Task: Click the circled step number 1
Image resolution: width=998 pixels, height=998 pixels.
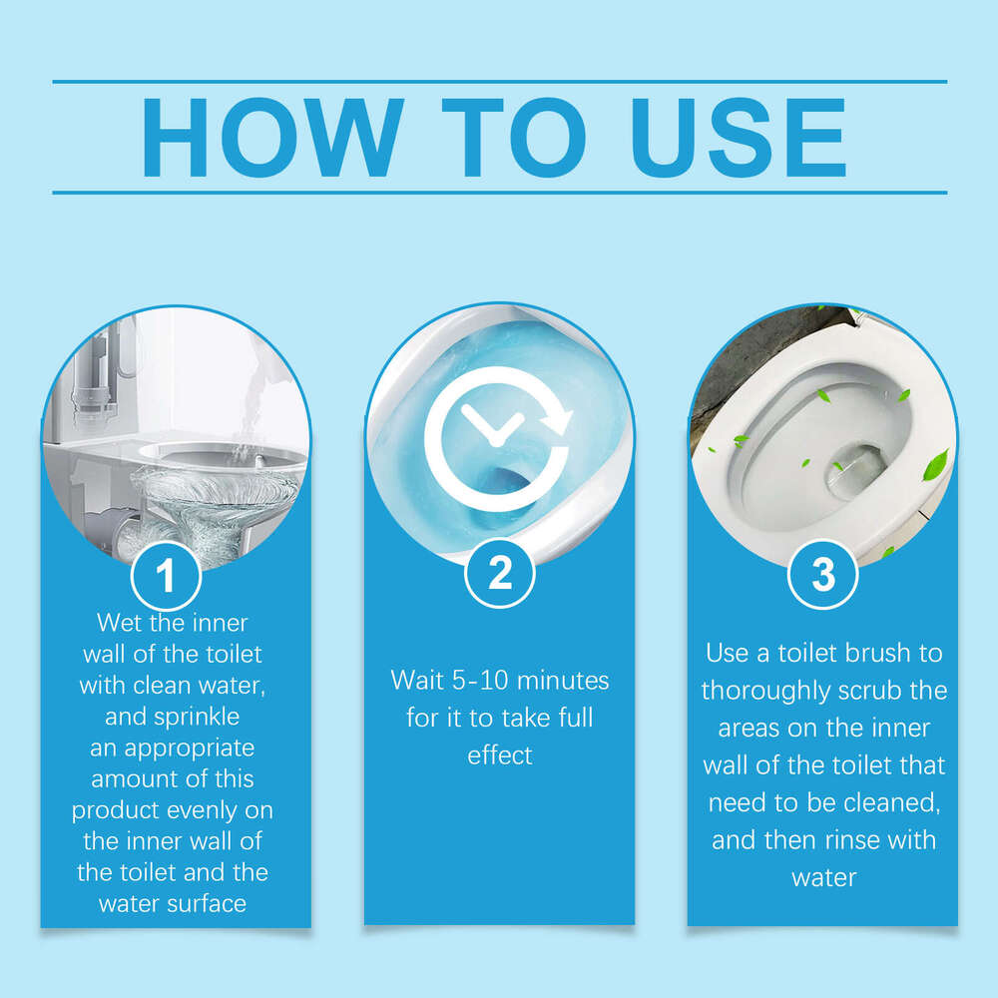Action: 166,576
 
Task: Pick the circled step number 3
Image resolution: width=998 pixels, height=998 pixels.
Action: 822,576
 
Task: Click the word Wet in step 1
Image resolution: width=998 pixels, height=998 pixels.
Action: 119,623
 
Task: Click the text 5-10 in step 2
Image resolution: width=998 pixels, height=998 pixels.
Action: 477,681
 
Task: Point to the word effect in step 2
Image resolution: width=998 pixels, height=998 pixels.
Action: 499,754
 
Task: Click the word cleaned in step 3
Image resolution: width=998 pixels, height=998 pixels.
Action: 888,802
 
